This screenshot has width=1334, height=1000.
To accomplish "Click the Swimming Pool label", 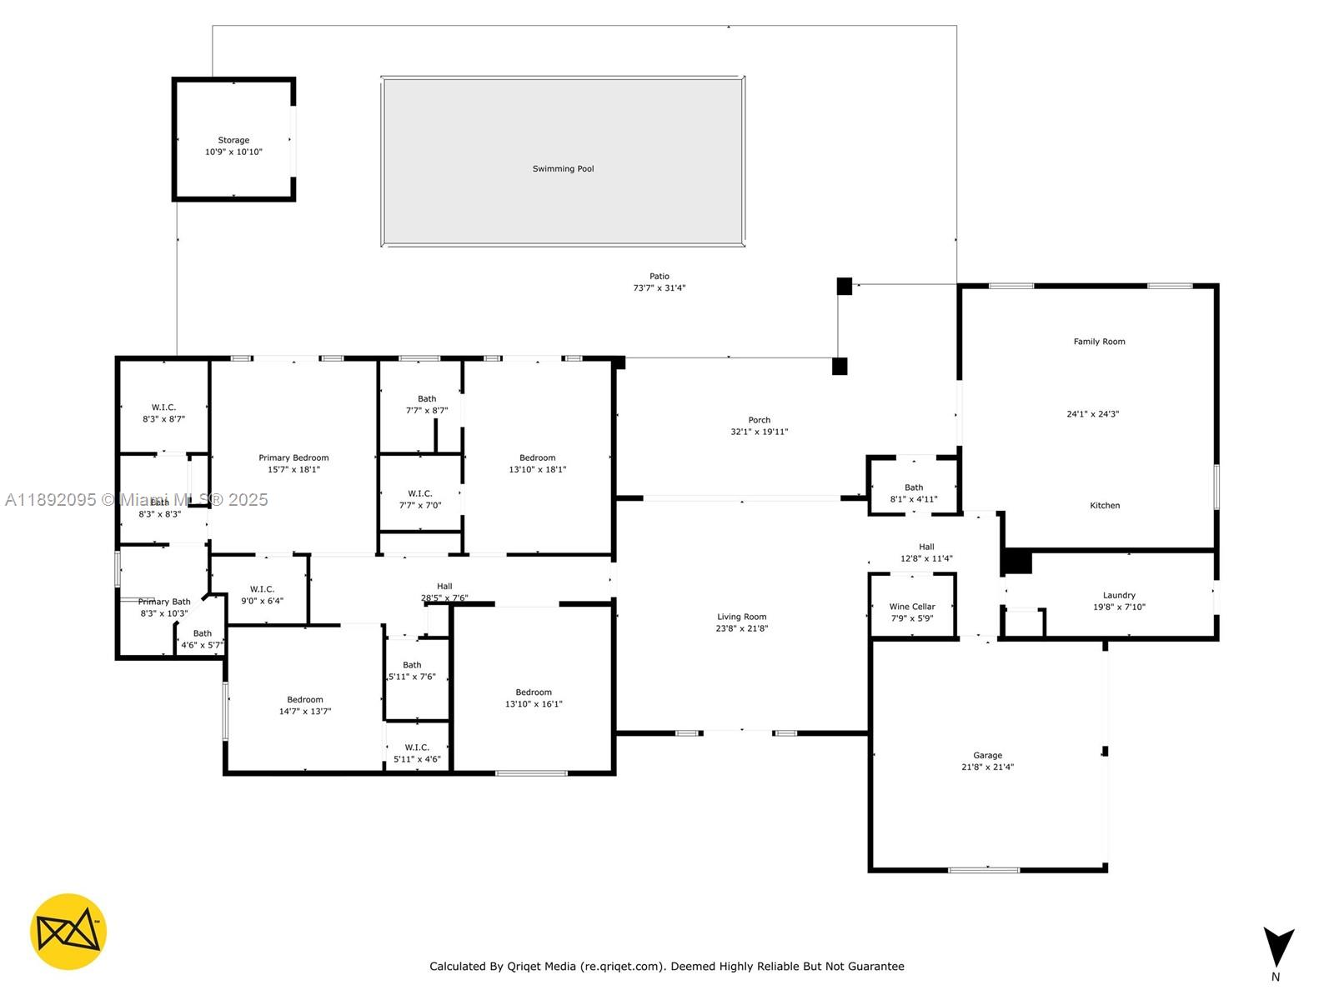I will tap(564, 168).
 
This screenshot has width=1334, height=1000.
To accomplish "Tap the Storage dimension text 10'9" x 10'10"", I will tap(233, 152).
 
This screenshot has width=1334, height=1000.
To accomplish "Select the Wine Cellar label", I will tap(912, 607).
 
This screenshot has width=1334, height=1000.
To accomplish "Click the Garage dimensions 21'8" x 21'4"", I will tap(987, 767).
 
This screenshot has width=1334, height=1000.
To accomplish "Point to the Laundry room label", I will tap(1119, 595).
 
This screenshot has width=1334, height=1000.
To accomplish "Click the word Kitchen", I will tap(1105, 505).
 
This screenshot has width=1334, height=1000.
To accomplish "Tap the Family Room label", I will tap(1099, 342).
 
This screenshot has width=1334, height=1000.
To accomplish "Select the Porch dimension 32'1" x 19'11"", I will tap(759, 432).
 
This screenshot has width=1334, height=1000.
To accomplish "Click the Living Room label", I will tap(741, 617).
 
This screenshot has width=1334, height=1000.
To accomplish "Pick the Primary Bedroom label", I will tap(293, 457).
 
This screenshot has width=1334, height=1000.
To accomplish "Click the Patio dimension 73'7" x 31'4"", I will tap(659, 287).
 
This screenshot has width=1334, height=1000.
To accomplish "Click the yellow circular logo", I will tap(68, 932).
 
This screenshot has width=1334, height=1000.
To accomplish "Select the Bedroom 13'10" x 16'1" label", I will tap(534, 692).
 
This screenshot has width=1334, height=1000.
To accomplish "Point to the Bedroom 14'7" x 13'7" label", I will tap(305, 700).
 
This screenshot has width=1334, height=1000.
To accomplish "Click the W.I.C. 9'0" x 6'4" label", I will tap(262, 589).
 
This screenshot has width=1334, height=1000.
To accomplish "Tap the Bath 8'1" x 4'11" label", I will tap(914, 487).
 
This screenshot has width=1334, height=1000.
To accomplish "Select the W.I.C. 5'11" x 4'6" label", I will tap(417, 747).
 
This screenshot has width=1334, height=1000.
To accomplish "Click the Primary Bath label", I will tap(164, 602).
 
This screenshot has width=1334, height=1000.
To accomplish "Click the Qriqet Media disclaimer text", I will tap(666, 967).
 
